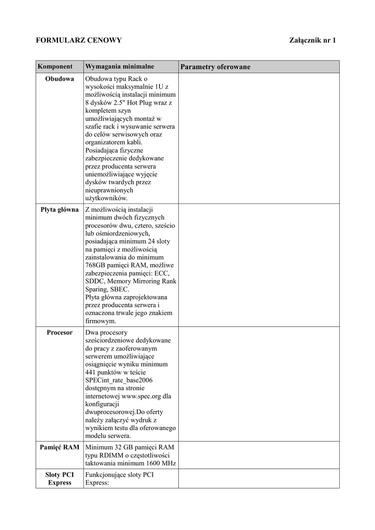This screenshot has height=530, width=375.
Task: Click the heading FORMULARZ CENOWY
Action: coord(78,40)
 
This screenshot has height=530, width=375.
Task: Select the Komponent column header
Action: coord(55,67)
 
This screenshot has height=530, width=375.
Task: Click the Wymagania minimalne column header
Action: coord(120,67)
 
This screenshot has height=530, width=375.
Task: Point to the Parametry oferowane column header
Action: coord(215,67)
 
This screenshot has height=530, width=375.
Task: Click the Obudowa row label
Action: coord(60,79)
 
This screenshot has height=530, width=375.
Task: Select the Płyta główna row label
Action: coord(60,210)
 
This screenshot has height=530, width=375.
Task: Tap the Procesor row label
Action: coord(60,332)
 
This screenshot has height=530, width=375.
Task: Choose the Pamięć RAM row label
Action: coord(60,447)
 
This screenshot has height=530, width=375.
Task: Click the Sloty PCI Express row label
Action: coord(60,479)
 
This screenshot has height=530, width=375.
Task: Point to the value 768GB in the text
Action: coord(96,266)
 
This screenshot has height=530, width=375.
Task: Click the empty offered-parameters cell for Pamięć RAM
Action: coord(258,454)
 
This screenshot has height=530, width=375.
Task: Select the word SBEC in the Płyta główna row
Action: coord(118,289)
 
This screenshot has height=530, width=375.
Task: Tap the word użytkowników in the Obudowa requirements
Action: coord(106,198)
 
